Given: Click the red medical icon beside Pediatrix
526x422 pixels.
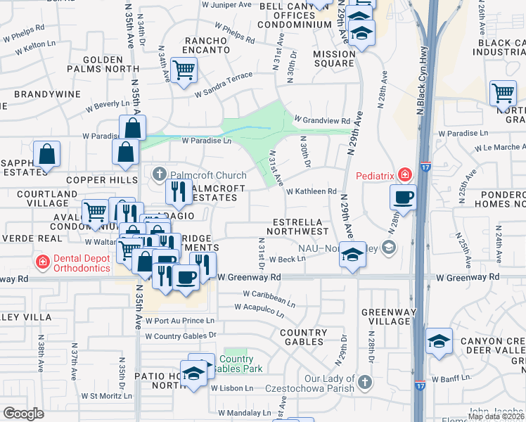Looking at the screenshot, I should coord(404,174).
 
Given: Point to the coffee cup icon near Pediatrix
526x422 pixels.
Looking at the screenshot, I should coord(403,198).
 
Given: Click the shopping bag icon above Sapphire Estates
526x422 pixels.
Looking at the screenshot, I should coord(46,155).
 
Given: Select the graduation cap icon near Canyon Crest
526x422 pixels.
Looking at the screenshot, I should coord(440,342).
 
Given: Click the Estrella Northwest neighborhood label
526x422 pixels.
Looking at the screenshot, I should coord(300,226).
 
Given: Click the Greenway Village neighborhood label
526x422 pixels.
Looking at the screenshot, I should coord(384,316).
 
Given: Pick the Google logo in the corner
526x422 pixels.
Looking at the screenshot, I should coord(23,414).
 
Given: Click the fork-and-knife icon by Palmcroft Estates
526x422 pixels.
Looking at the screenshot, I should coord(179,191).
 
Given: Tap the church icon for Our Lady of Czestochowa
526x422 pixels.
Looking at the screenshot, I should coord(364,382).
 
